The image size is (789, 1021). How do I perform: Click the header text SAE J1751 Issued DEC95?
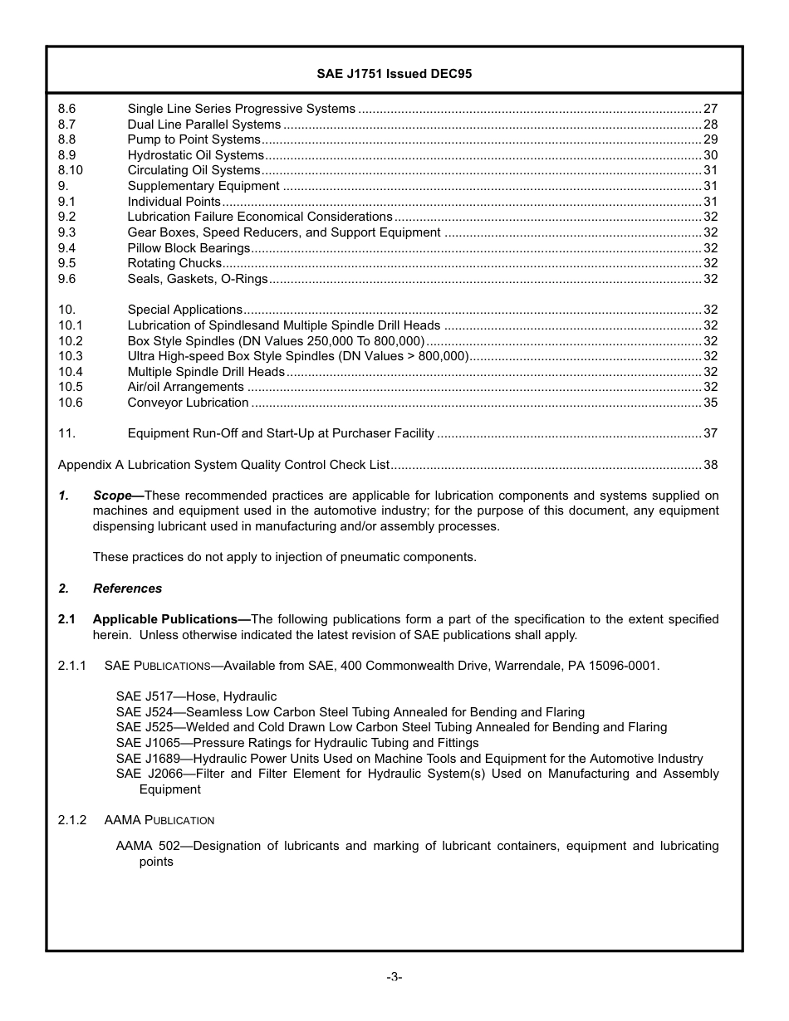394,73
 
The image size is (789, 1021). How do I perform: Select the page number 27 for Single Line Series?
710,109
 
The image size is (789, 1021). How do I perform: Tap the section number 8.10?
71,170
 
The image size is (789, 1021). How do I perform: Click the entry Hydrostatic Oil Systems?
195,155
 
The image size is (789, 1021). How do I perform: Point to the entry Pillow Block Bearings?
189,248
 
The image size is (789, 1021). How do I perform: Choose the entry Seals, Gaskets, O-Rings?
197,279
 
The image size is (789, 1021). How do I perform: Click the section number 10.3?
71,356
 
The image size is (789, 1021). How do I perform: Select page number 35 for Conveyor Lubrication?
710,403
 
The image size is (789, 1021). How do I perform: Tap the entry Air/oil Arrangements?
185,387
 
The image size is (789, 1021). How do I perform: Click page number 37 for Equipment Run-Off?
710,433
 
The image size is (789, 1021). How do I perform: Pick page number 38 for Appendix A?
710,465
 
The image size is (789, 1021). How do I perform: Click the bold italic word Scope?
112,496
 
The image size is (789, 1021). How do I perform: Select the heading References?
127,589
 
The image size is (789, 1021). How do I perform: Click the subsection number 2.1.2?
72,820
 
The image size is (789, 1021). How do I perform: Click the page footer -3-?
394,977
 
